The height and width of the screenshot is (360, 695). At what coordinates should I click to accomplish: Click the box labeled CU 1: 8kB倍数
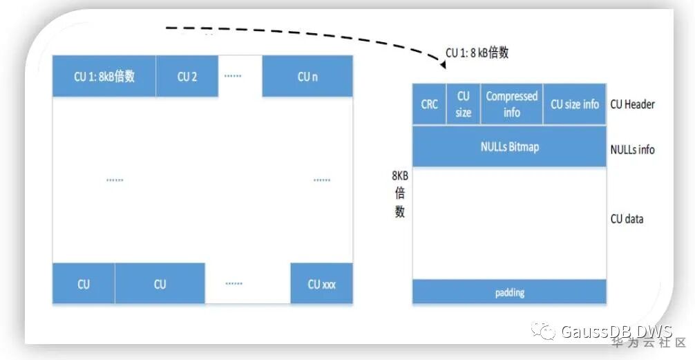click(x=104, y=76)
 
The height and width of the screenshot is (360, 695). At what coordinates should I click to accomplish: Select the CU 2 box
click(x=187, y=76)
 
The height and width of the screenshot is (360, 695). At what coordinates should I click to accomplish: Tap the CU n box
click(x=307, y=76)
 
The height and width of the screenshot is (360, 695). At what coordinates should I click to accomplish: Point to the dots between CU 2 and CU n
click(x=231, y=73)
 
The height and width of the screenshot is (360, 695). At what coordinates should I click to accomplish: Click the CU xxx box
click(x=321, y=283)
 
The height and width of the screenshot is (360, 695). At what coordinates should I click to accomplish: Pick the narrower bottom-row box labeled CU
click(x=84, y=283)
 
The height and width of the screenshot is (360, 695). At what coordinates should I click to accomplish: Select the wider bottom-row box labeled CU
click(x=160, y=283)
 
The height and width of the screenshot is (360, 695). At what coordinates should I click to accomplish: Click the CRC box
click(x=430, y=104)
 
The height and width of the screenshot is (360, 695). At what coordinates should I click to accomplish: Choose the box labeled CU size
click(x=464, y=104)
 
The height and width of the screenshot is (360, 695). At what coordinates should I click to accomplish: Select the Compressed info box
click(x=512, y=104)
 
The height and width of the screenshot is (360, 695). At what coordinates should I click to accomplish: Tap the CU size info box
click(x=574, y=104)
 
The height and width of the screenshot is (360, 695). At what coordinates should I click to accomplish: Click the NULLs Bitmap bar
click(x=509, y=146)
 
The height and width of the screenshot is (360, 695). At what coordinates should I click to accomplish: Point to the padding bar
click(x=509, y=292)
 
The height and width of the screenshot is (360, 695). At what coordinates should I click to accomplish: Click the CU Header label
click(x=632, y=104)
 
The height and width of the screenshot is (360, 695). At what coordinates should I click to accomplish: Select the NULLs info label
click(x=632, y=149)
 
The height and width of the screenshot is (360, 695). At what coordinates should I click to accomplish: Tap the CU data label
click(x=627, y=218)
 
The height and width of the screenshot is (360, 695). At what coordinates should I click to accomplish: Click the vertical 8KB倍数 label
click(x=400, y=194)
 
